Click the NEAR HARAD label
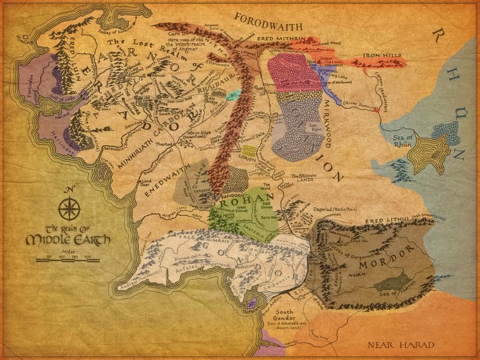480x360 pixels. point(401,345)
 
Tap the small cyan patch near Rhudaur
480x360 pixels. point(233,95)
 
